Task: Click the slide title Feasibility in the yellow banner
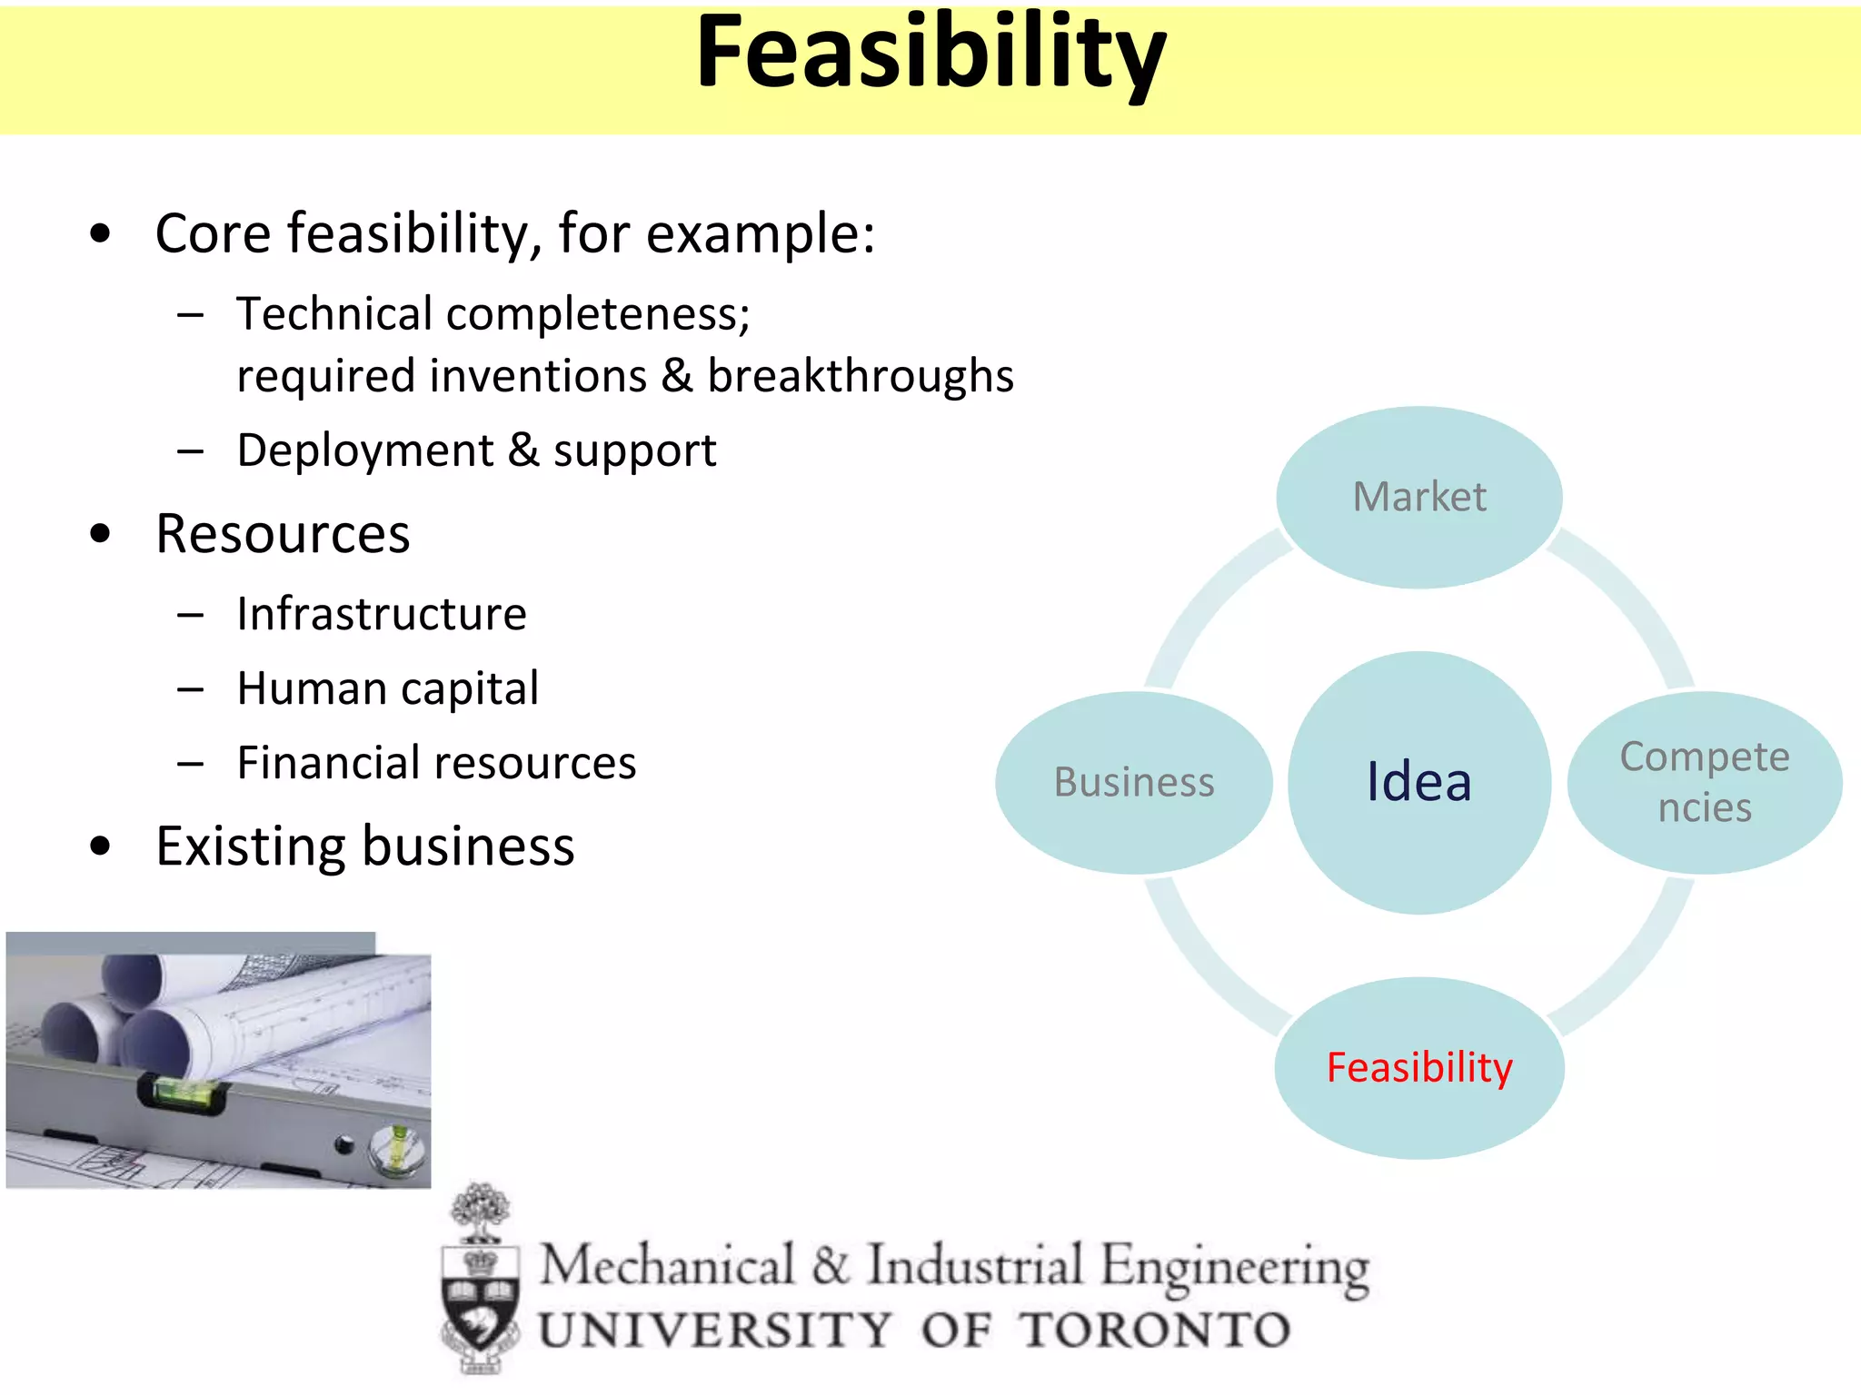(x=930, y=54)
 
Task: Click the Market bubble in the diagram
(x=1419, y=497)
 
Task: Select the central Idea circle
(x=1419, y=782)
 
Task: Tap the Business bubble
(x=1134, y=782)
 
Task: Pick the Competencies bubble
(x=1705, y=782)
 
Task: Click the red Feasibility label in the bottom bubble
(x=1419, y=1067)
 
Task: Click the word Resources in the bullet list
(x=283, y=534)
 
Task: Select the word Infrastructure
(x=382, y=614)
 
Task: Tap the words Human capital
(x=388, y=688)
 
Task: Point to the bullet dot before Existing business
(x=100, y=846)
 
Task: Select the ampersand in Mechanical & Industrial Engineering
(x=830, y=1265)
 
